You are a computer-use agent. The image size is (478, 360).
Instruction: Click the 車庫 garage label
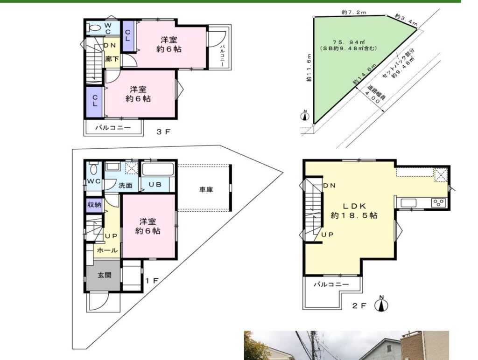pyautogui.click(x=206, y=189)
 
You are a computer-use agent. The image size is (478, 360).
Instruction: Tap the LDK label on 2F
pyautogui.click(x=354, y=206)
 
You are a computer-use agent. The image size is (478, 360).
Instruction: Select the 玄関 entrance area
pyautogui.click(x=104, y=275)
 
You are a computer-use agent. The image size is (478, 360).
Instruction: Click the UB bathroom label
pyautogui.click(x=155, y=185)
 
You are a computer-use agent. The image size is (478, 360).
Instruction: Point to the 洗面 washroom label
pyautogui.click(x=125, y=185)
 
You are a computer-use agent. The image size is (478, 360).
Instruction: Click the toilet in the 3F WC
pyautogui.click(x=94, y=28)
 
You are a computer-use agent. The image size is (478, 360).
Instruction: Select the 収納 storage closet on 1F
pyautogui.click(x=94, y=205)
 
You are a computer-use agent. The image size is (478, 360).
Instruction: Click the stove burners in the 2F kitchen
pyautogui.click(x=438, y=202)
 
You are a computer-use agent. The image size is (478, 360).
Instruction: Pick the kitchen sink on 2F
pyautogui.click(x=408, y=203)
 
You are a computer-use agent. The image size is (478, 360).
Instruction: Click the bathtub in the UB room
pyautogui.click(x=158, y=169)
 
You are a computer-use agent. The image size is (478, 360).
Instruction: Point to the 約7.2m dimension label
pyautogui.click(x=354, y=13)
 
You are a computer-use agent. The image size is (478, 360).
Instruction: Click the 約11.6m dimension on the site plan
pyautogui.click(x=309, y=68)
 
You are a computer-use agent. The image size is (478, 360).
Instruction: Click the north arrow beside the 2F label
pyautogui.click(x=381, y=304)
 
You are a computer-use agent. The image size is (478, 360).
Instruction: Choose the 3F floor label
pyautogui.click(x=163, y=132)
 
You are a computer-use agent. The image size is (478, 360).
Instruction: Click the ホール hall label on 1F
pyautogui.click(x=107, y=250)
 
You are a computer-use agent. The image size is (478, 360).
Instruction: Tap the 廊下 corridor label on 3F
pyautogui.click(x=112, y=59)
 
